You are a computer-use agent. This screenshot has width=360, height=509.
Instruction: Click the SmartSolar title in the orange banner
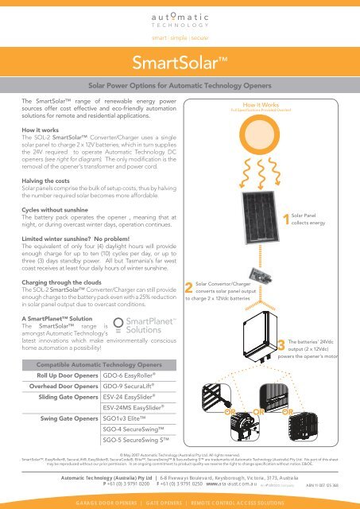point(180,62)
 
